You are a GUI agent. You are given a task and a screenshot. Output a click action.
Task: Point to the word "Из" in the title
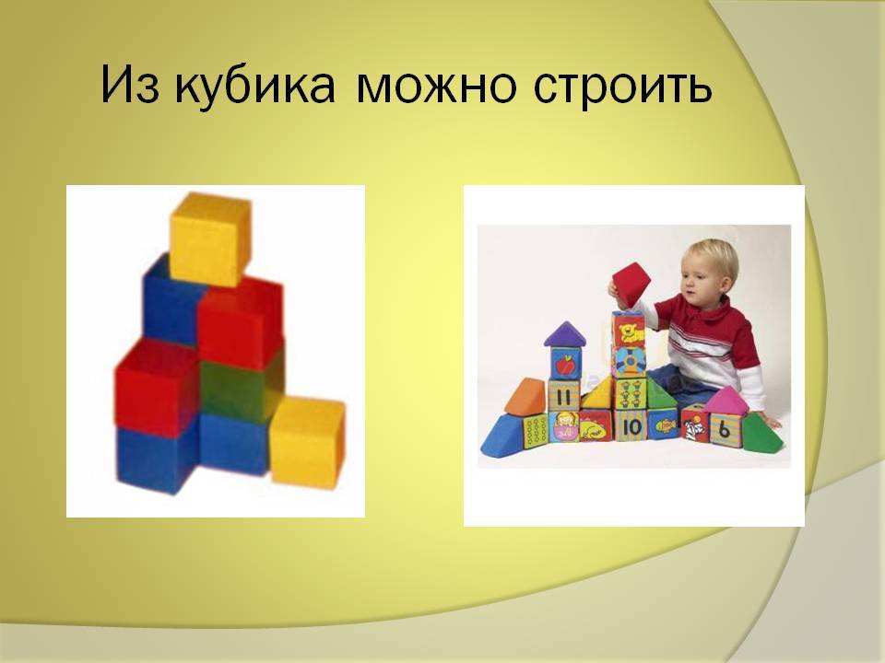click(x=130, y=86)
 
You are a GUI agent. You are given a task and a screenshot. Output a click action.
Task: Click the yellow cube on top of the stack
click(x=210, y=239)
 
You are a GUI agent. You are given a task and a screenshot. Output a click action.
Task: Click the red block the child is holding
click(x=631, y=285)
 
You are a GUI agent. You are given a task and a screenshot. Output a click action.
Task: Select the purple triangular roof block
click(x=565, y=334)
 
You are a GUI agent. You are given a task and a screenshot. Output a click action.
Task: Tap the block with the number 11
click(x=563, y=395)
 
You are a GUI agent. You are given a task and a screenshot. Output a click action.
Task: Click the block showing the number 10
click(x=631, y=426)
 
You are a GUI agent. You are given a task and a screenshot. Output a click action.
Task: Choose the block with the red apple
click(x=565, y=364)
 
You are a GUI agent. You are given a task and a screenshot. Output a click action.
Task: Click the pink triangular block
click(x=725, y=400)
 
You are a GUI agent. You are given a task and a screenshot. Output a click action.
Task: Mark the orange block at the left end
click(x=526, y=396)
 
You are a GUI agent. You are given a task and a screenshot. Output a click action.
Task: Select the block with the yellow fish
click(x=663, y=425)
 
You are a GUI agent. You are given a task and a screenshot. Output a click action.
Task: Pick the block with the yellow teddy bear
click(x=629, y=330)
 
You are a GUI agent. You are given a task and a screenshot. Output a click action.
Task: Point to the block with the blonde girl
click(x=563, y=426)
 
